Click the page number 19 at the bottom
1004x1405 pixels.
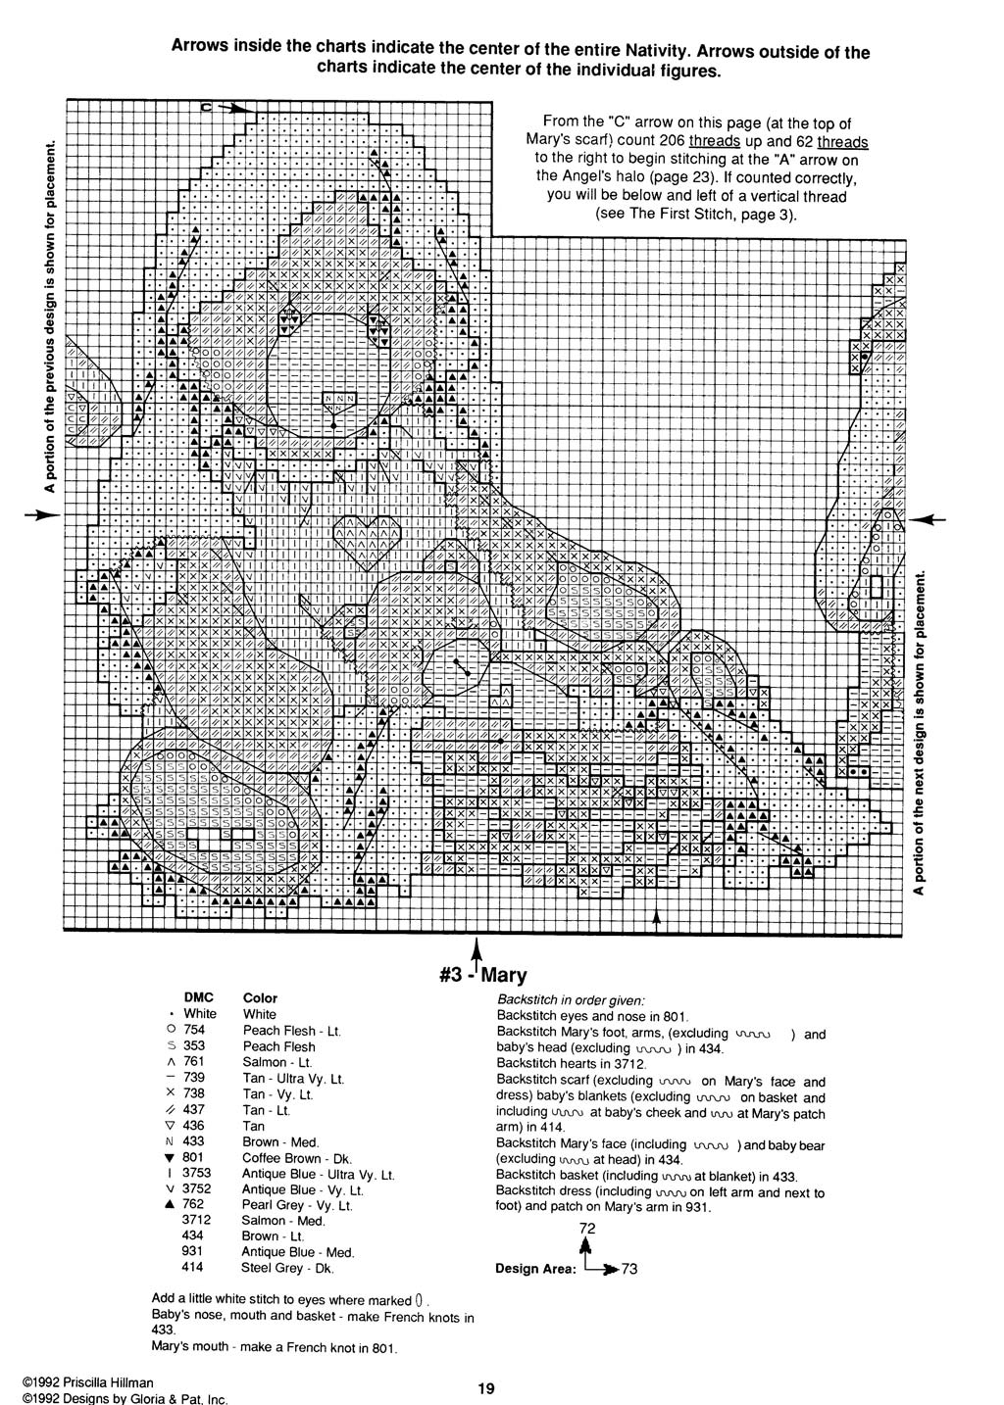tap(486, 1387)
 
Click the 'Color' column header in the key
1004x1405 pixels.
tap(260, 997)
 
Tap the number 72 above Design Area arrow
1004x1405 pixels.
tap(587, 1229)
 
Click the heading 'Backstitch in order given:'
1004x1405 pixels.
tap(571, 999)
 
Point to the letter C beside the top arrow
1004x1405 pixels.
tap(208, 107)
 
